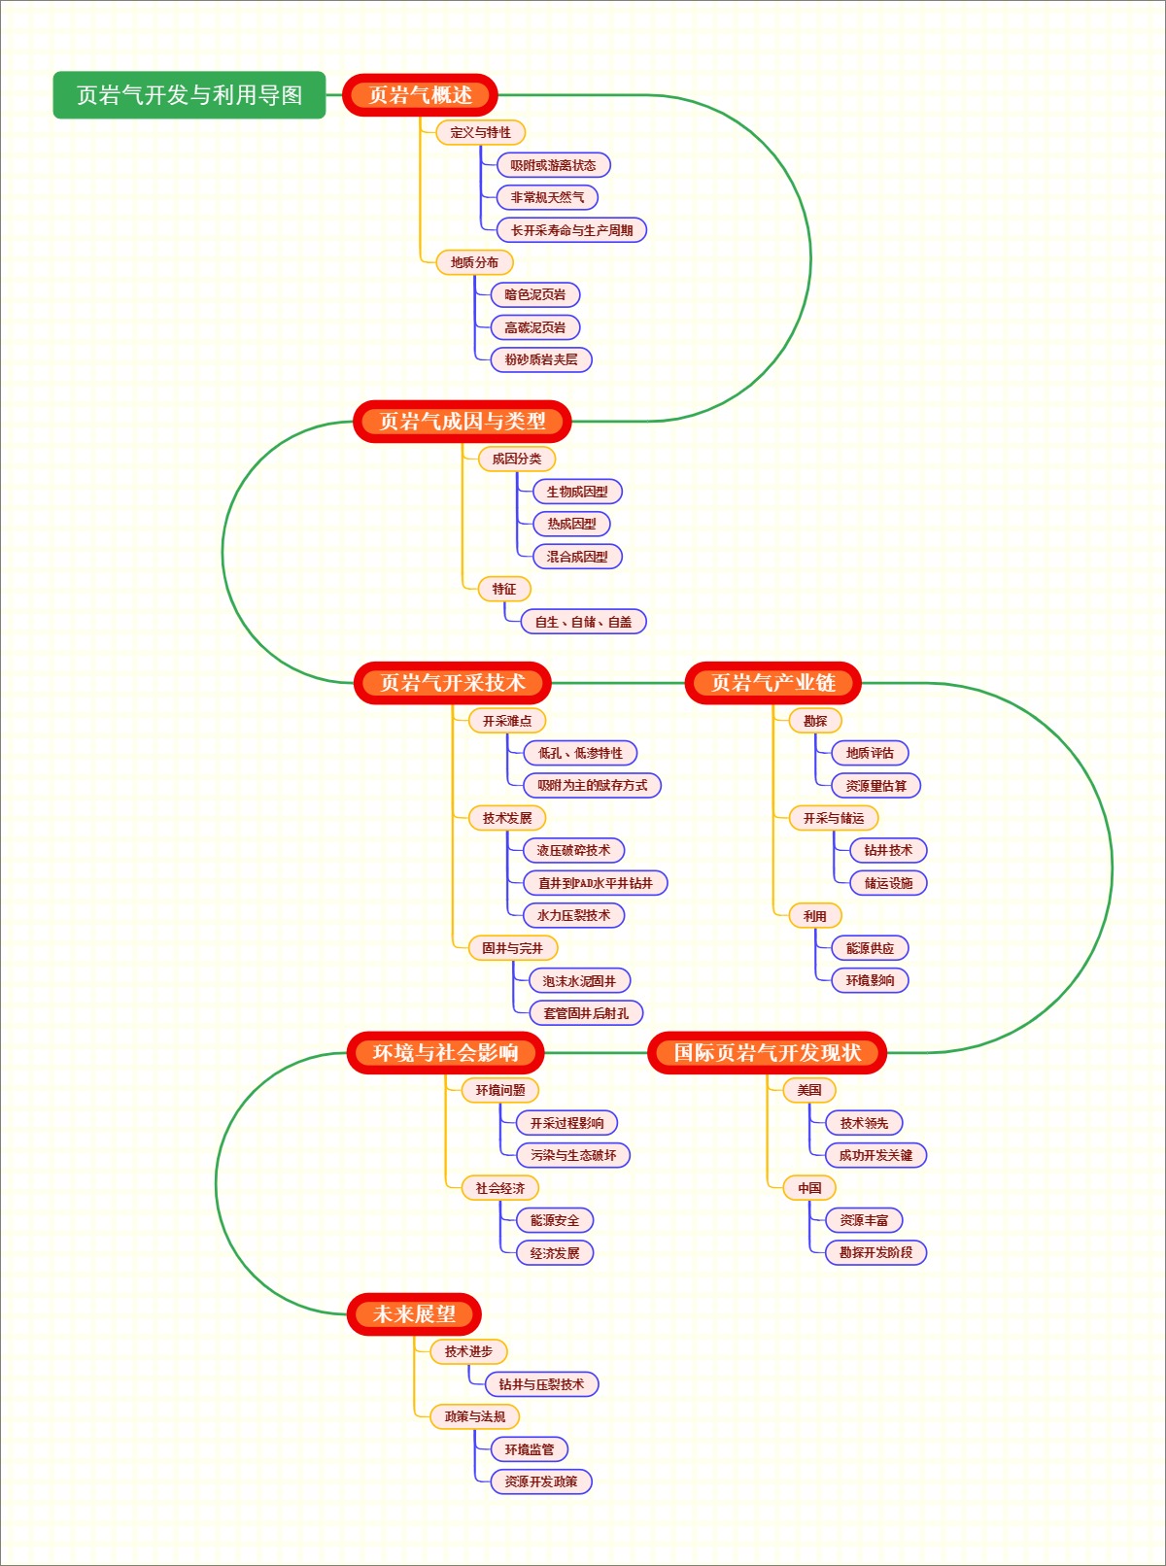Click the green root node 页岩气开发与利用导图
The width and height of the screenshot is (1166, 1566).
click(189, 95)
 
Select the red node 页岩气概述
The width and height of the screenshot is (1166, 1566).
click(421, 95)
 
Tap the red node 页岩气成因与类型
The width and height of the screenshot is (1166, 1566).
click(463, 422)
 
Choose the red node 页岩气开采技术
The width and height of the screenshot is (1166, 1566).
click(453, 683)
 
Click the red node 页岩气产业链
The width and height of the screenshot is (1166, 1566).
click(773, 683)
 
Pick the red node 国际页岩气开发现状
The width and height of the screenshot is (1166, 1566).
click(768, 1053)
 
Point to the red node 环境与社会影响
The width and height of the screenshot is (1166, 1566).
click(446, 1053)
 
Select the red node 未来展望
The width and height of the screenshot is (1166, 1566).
click(415, 1314)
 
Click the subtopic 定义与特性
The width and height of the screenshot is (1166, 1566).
click(481, 132)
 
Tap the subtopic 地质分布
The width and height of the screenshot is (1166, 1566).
click(474, 262)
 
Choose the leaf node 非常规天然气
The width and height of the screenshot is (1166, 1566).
click(548, 197)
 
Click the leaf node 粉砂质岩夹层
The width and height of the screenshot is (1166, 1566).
click(541, 359)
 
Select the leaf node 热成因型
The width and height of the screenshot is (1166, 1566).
click(571, 524)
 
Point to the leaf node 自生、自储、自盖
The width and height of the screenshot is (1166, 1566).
click(583, 622)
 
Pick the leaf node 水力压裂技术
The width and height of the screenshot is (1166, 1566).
click(573, 915)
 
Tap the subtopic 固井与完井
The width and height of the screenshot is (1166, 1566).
click(512, 948)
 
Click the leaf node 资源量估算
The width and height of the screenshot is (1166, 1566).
click(875, 785)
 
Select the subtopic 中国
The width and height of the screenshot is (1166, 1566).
click(809, 1187)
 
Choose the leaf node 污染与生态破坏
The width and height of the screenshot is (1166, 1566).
click(573, 1155)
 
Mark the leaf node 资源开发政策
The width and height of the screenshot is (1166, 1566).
click(541, 1481)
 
